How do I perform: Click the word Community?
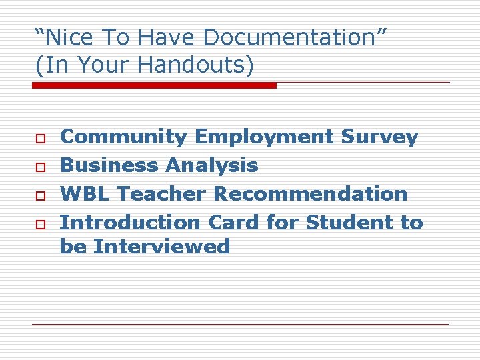pos(123,137)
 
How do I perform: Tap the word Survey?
pos(379,137)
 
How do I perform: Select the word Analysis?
pos(211,165)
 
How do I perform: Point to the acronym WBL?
pos(85,194)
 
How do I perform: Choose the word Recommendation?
pos(311,194)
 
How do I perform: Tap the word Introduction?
pos(131,223)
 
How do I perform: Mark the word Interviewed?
pos(161,247)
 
